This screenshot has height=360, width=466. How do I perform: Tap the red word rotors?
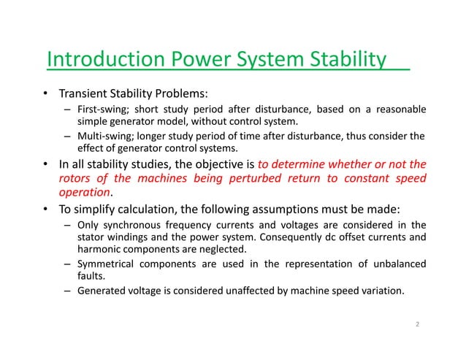(74, 179)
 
